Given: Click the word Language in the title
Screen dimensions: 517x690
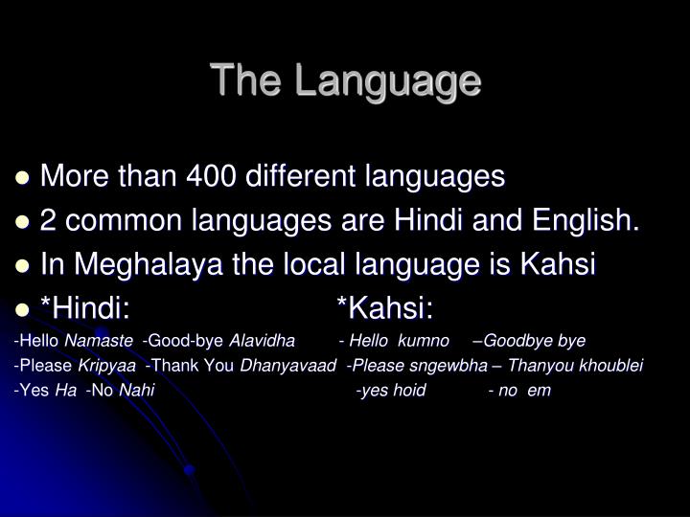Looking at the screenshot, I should click(387, 82).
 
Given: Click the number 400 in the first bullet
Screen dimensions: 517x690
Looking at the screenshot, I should click(217, 176).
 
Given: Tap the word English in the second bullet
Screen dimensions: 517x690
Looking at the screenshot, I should click(586, 220).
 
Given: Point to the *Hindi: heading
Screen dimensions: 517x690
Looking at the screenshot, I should click(85, 308).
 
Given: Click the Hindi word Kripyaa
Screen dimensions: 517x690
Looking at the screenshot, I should click(106, 366).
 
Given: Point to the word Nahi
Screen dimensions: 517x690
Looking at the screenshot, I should click(136, 391).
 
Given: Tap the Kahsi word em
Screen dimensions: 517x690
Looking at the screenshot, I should click(540, 391).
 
